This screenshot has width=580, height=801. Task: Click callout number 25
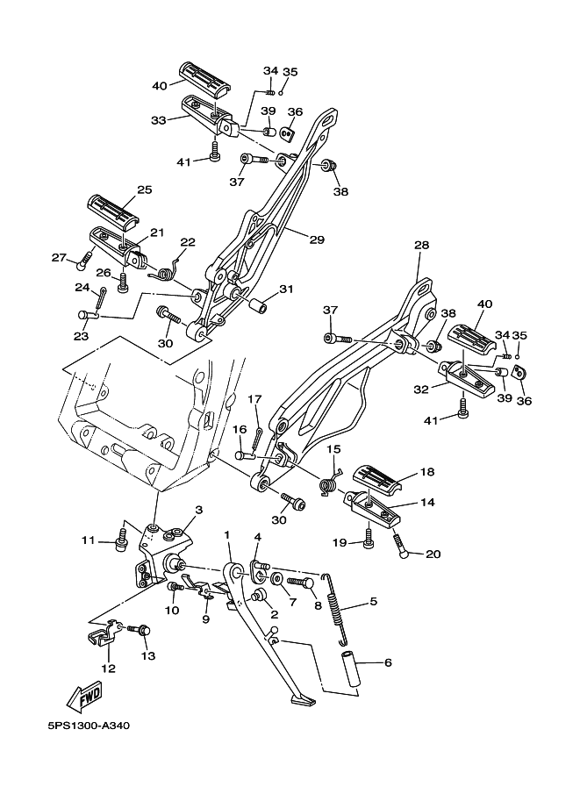[x=144, y=190]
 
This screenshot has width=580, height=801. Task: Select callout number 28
[x=421, y=246]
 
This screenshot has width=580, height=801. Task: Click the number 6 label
[x=388, y=663]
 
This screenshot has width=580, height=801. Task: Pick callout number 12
[x=108, y=669]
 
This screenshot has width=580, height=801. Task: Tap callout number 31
[x=286, y=290]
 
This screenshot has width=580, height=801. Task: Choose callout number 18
[x=427, y=471]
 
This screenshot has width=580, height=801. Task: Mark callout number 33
[x=158, y=119]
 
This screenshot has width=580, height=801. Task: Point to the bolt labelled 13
[x=141, y=629]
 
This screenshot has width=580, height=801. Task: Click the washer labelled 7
[x=276, y=580]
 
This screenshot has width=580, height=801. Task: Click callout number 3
[x=199, y=510]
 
